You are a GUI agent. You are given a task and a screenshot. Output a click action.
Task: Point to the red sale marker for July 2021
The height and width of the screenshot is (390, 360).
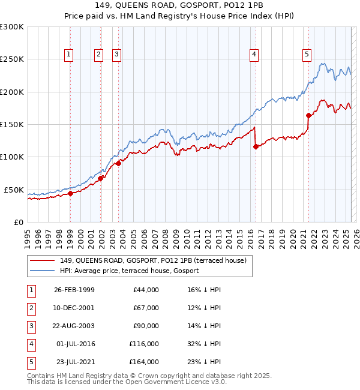pos(308,115)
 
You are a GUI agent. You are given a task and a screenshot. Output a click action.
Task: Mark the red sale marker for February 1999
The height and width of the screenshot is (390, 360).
pos(70,193)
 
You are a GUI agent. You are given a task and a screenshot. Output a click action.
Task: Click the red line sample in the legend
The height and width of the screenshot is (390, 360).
pos(43,260)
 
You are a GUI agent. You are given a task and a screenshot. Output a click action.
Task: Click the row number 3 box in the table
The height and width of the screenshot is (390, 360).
pos(29,326)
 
